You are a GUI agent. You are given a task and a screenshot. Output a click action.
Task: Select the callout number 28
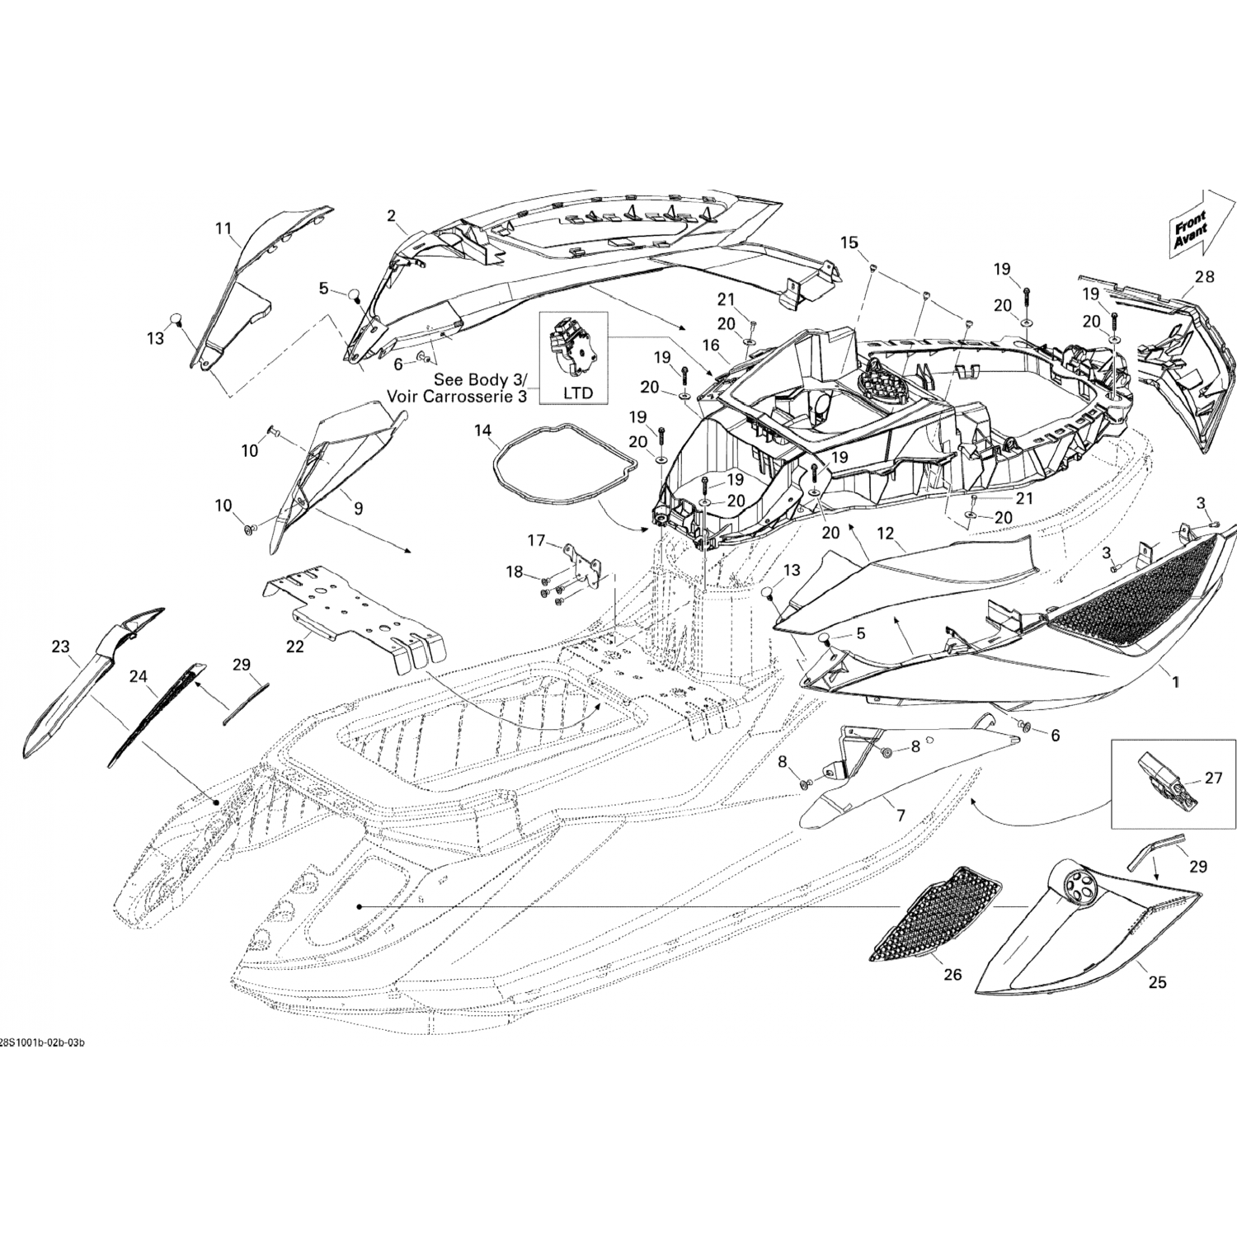[1205, 276]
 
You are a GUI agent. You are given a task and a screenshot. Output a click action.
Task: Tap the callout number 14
[482, 430]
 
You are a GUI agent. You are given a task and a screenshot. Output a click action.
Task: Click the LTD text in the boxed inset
[577, 393]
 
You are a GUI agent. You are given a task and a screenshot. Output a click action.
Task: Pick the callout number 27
[1213, 777]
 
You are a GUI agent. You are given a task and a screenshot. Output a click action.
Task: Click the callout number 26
[952, 975]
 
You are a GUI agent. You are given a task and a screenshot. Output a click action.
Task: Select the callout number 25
[1158, 982]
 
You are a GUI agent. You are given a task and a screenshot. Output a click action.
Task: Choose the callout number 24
[138, 677]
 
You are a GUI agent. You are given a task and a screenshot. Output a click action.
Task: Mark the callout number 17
[537, 541]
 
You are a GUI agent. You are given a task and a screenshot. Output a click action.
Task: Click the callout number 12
[885, 534]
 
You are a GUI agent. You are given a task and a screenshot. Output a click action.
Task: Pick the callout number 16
[711, 345]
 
